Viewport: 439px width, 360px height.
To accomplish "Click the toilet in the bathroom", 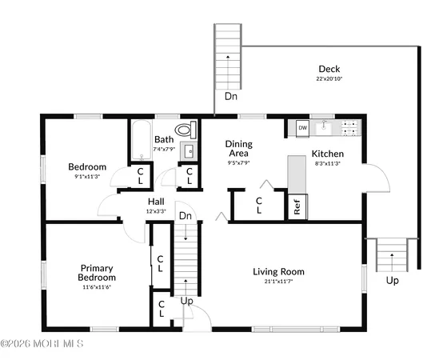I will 185,129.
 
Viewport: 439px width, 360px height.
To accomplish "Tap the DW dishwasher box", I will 302,127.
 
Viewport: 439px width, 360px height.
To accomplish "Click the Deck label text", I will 329,69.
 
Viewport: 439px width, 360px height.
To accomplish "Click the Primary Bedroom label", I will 96,273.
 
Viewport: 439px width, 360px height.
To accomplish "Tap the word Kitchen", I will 327,153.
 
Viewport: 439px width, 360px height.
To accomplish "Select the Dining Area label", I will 238,148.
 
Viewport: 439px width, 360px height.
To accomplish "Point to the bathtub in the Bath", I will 141,142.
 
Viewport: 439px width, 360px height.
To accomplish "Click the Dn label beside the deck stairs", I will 230,96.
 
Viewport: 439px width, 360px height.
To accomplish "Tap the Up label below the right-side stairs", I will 392,280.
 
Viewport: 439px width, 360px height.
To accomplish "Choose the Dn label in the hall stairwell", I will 186,215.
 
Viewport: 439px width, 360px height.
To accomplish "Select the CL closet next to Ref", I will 259,206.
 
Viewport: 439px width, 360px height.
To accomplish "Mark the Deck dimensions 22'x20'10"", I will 329,78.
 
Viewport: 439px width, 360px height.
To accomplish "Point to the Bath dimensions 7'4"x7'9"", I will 164,149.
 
